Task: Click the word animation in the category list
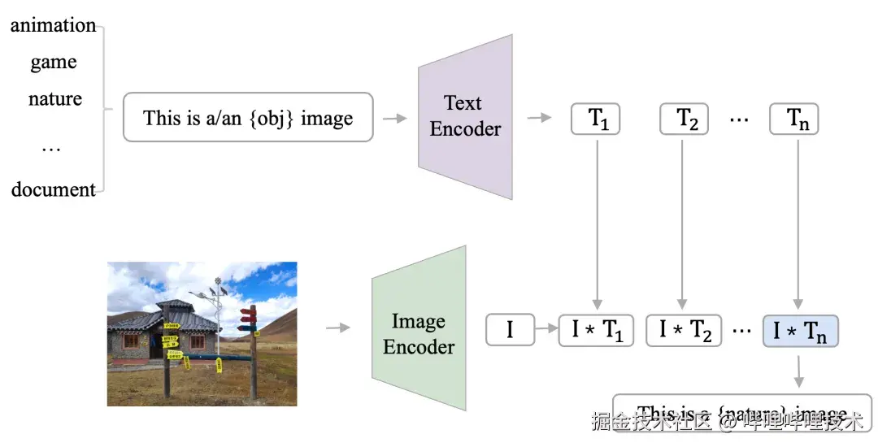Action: (54, 25)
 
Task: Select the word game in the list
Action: (54, 62)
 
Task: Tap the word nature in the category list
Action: (55, 99)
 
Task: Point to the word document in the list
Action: (54, 190)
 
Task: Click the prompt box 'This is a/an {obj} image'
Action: (248, 118)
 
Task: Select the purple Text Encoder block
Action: (465, 116)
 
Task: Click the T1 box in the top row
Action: (597, 119)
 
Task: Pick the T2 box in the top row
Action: (684, 119)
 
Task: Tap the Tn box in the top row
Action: (794, 119)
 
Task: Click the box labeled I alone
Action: (510, 330)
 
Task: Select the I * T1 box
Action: (597, 330)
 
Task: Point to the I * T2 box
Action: (684, 330)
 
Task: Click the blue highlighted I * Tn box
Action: (800, 330)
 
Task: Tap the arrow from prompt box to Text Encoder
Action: (394, 119)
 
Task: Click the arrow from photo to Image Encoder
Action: (338, 328)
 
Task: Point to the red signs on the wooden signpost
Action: (248, 317)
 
